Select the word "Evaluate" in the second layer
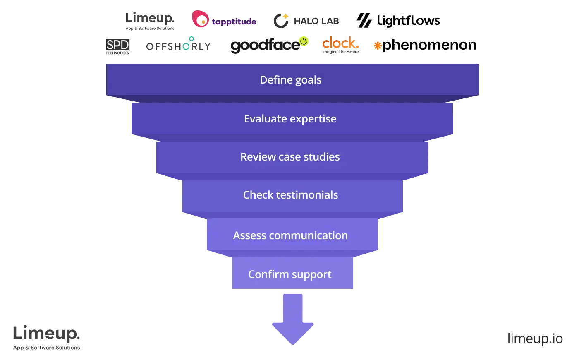pyautogui.click(x=265, y=119)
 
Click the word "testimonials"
pyautogui.click(x=307, y=195)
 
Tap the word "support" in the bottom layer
pyautogui.click(x=311, y=275)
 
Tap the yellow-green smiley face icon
pyautogui.click(x=304, y=41)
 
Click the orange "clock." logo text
pyautogui.click(x=340, y=43)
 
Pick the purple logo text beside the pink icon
pyautogui.click(x=234, y=22)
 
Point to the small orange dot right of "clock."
pyautogui.click(x=378, y=45)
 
